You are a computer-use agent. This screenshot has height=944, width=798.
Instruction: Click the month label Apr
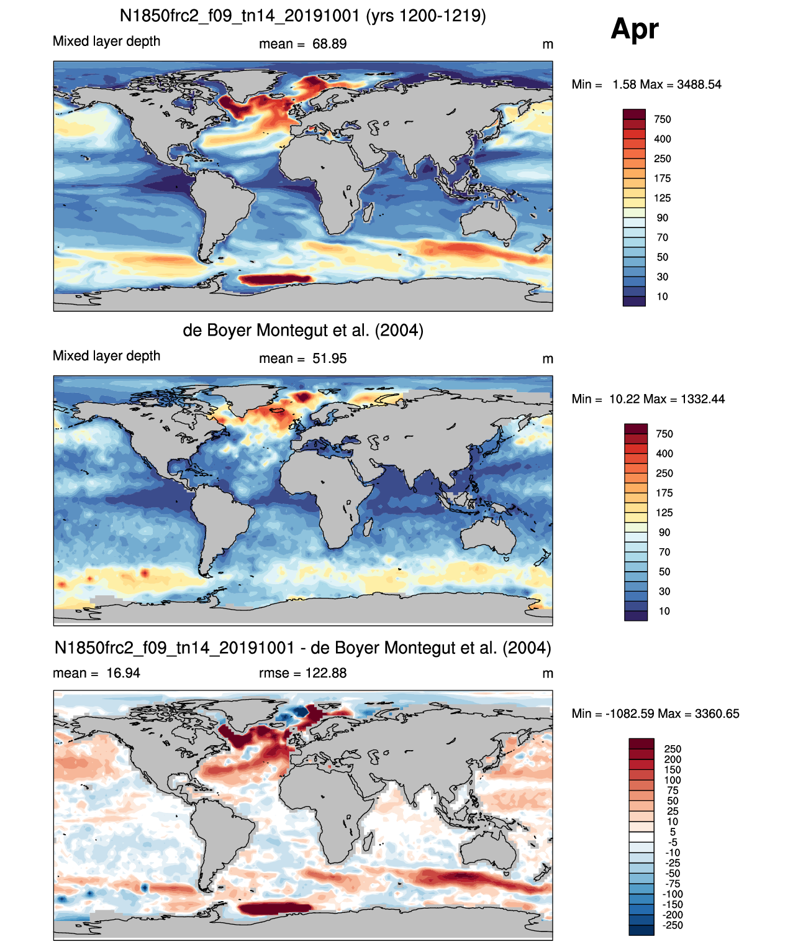[634, 29]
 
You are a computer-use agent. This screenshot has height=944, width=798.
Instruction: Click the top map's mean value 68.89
[329, 44]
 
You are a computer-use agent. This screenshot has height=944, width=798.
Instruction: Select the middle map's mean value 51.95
[329, 359]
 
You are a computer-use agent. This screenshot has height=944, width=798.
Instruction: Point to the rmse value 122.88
[326, 673]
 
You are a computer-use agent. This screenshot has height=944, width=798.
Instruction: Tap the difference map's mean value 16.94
[123, 673]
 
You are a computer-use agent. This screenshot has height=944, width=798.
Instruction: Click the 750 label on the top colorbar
[662, 119]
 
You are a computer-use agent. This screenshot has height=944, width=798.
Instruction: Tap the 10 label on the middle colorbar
[664, 612]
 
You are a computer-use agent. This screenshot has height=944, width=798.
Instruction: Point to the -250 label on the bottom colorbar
[673, 925]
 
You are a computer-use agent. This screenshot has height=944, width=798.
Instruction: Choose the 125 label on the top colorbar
[662, 198]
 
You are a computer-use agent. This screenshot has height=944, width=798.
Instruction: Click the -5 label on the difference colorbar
[673, 843]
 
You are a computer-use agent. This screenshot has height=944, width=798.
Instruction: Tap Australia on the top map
[489, 221]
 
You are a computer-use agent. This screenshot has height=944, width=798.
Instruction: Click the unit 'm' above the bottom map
[547, 674]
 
